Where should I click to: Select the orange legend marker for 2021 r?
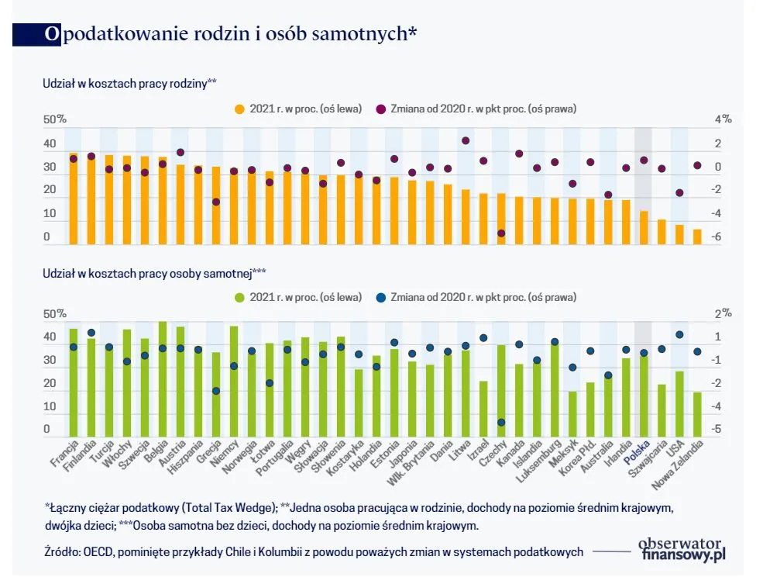pos(241,109)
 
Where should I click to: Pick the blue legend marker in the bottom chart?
pos(382,297)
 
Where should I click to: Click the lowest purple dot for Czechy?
pos(501,233)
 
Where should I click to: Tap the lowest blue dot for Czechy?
pos(501,423)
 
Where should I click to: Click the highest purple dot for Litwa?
pos(466,140)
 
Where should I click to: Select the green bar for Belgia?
pos(163,380)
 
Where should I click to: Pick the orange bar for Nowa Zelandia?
pos(696,237)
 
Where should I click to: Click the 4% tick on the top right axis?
pos(722,119)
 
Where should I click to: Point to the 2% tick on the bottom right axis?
pos(722,313)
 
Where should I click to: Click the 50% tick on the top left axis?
pos(55,119)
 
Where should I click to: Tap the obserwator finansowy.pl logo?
pos(681,548)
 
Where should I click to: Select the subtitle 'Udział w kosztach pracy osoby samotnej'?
pos(154,273)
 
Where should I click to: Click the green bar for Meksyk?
pos(572,414)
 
